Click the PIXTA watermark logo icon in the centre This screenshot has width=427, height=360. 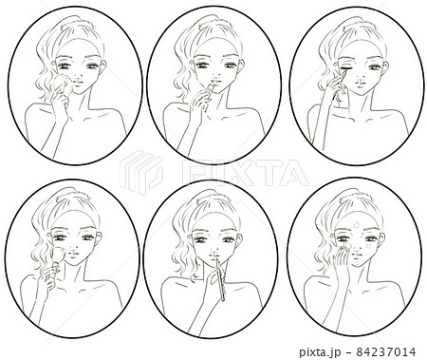click(141, 171)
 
